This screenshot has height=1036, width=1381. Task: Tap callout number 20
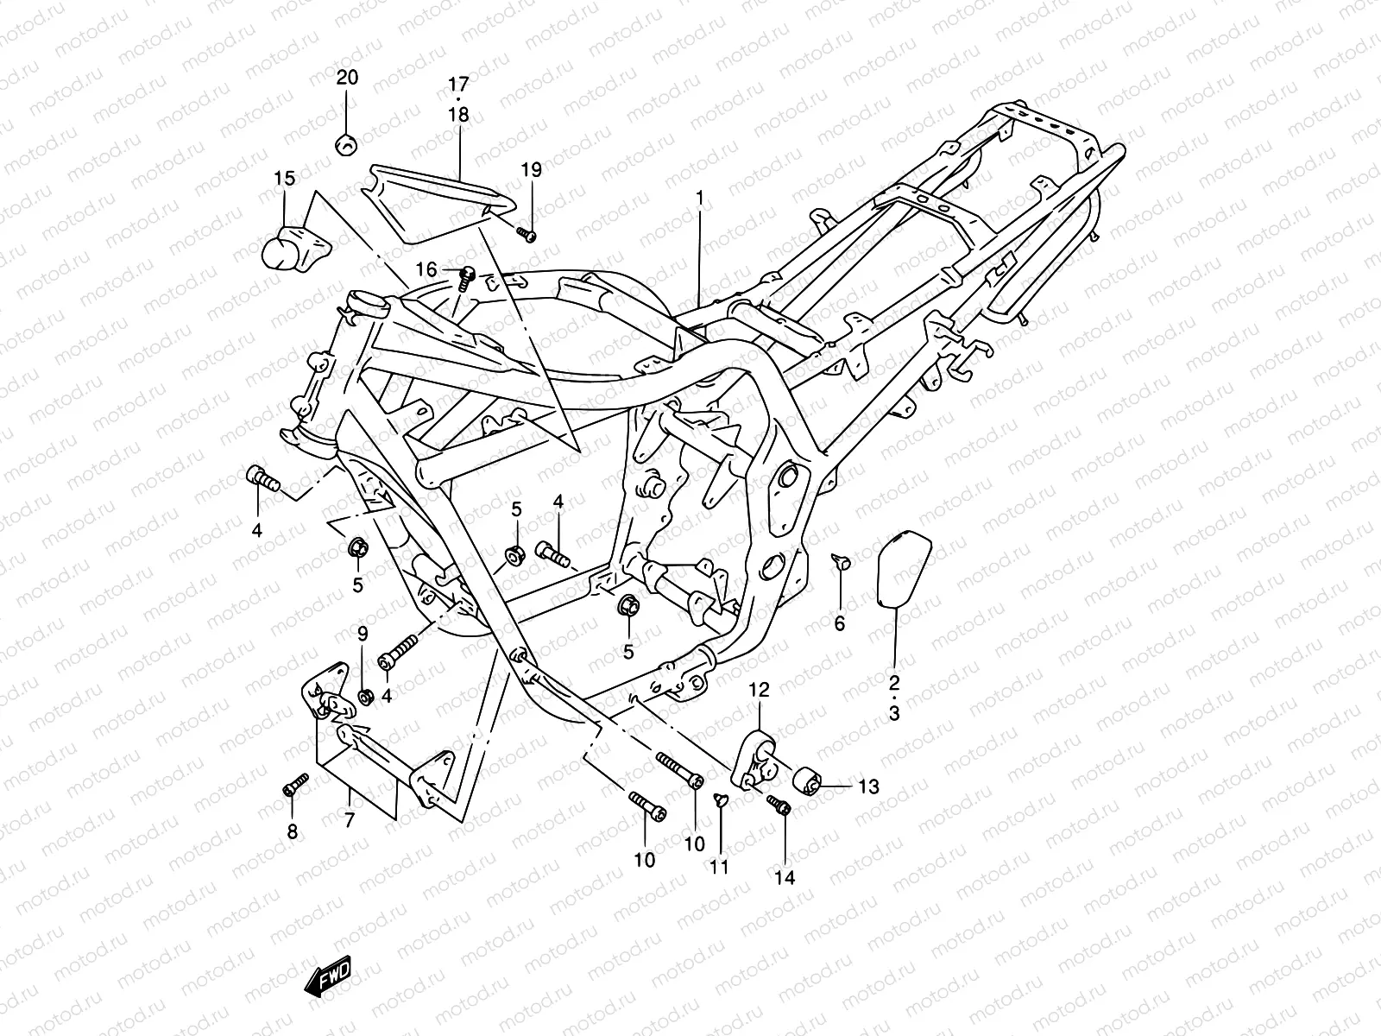point(347,78)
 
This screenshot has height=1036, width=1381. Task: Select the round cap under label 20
point(346,144)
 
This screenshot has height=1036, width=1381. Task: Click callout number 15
point(285,179)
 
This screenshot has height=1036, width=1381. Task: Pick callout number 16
point(426,270)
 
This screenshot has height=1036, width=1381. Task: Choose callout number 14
point(784,878)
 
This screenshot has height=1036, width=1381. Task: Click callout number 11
point(720,867)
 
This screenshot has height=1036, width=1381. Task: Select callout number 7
point(350,821)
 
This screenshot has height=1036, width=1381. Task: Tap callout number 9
point(363,634)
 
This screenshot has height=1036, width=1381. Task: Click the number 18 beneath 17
point(458,114)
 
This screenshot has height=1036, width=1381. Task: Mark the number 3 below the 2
point(894,714)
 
